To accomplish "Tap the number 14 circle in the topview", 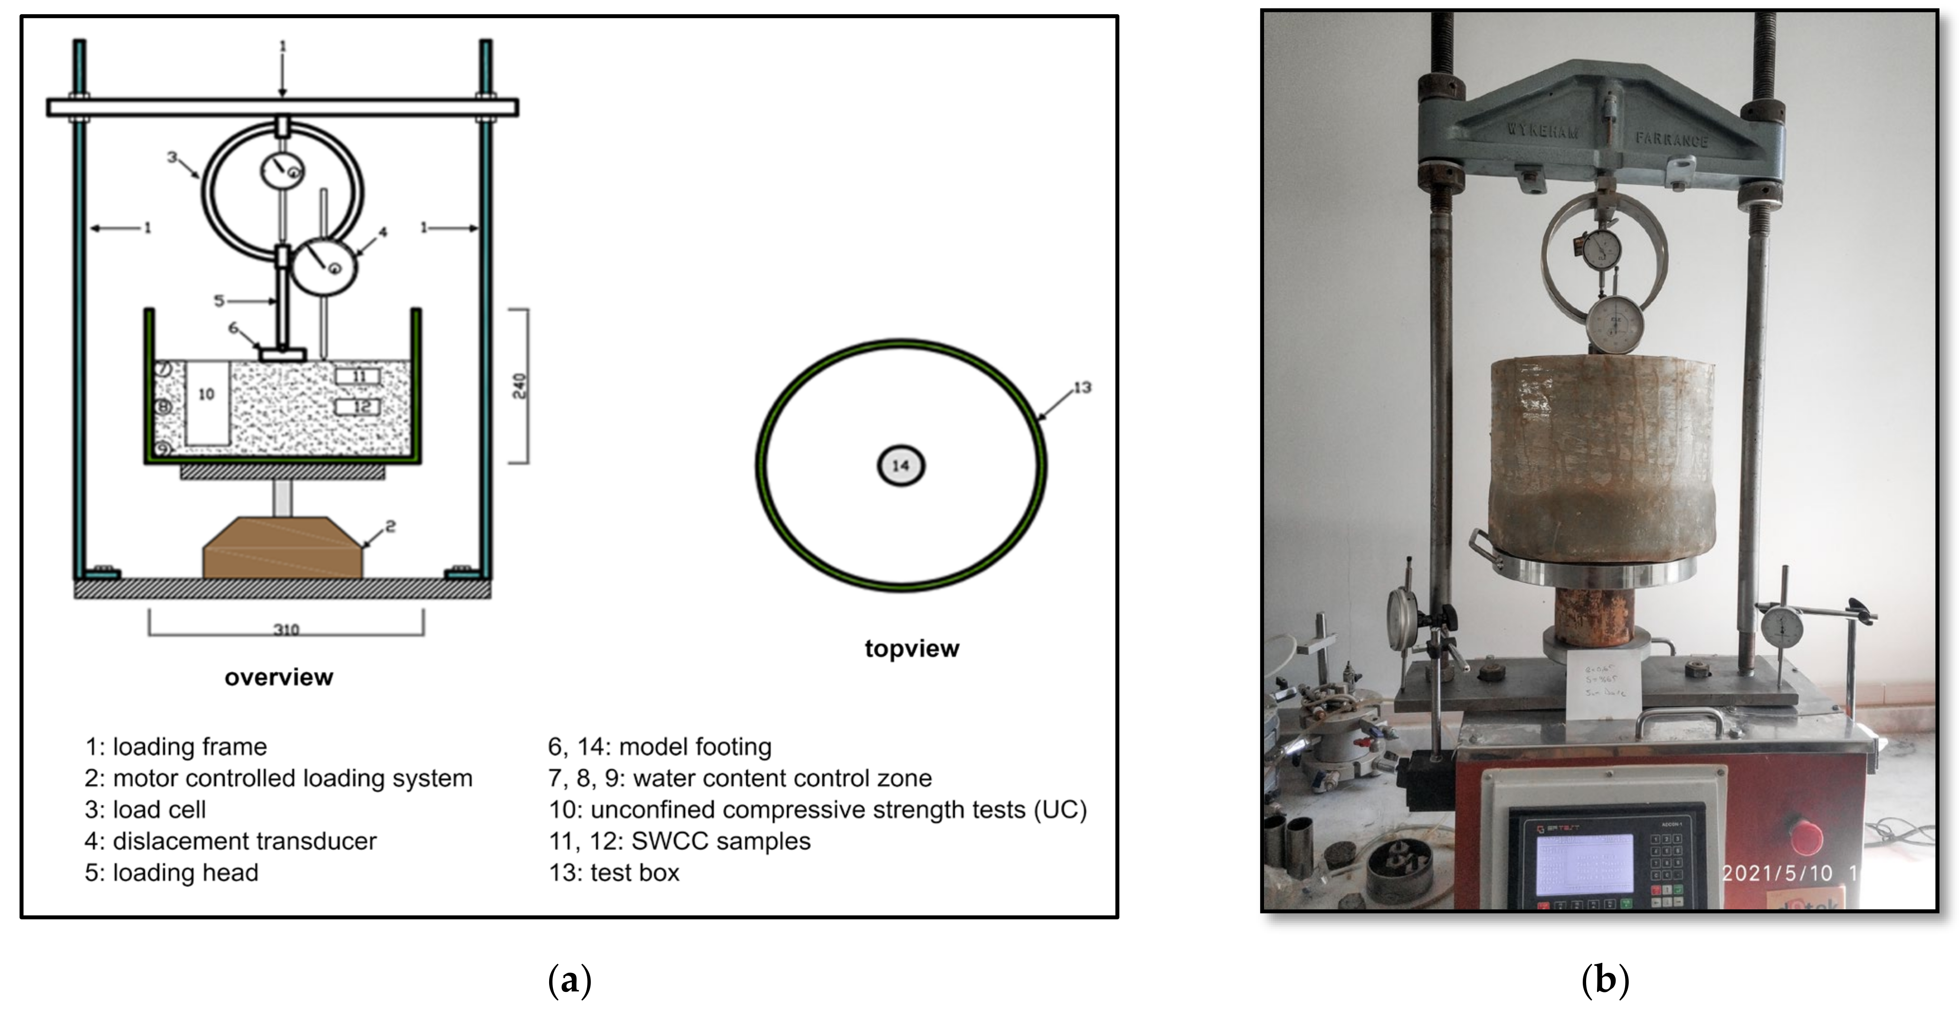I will pyautogui.click(x=901, y=465).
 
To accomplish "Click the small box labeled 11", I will pyautogui.click(x=357, y=377).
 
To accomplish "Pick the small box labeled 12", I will pyautogui.click(x=357, y=407).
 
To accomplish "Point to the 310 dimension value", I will pyautogui.click(x=286, y=630).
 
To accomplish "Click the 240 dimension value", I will pyautogui.click(x=519, y=386).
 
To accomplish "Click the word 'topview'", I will pyautogui.click(x=912, y=649).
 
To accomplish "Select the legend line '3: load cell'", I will pyautogui.click(x=145, y=810).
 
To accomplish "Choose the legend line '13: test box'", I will pyautogui.click(x=615, y=873).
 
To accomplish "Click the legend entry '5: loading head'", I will pyautogui.click(x=172, y=873).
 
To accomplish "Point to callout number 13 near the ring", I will pyautogui.click(x=1082, y=388).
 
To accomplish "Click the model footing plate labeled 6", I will pyautogui.click(x=282, y=354).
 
